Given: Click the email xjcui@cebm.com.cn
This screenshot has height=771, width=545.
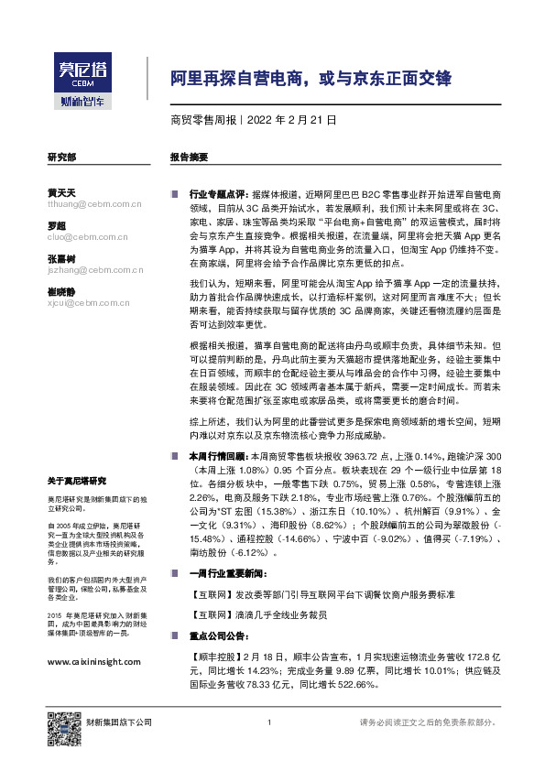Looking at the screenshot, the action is tap(83, 303).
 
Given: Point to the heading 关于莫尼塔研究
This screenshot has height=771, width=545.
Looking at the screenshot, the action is tap(77, 481).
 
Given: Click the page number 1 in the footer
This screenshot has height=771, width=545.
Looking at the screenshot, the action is tap(269, 723).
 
